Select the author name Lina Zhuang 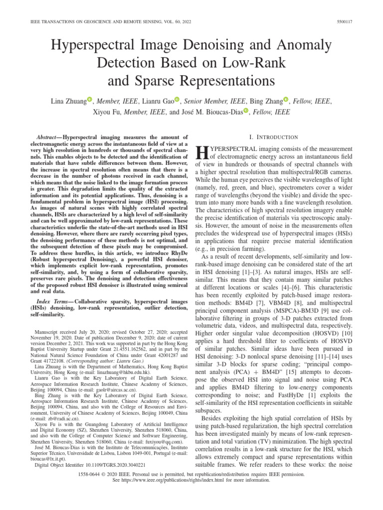click(68, 102)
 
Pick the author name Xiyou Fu click(107, 112)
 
